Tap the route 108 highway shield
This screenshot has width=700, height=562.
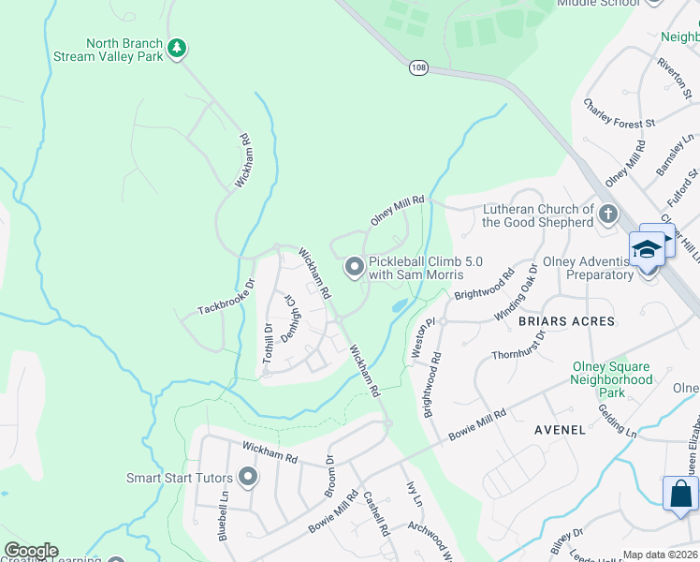point(417,67)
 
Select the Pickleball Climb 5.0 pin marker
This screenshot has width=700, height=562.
point(354,269)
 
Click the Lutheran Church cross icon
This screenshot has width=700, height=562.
point(608,214)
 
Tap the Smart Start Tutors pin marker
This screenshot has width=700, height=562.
point(248,478)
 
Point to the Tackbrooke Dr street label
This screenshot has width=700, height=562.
point(226,296)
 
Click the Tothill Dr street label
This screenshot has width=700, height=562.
point(268,343)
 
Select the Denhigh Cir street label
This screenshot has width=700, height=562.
point(292,318)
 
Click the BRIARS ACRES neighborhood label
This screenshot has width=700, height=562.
point(566,321)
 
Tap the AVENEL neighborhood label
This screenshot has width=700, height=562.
point(560,430)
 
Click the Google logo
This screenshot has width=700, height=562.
point(31,551)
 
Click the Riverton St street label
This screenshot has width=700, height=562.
point(674,79)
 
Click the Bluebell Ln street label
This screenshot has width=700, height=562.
point(225,521)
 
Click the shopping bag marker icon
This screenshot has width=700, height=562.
point(680,493)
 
